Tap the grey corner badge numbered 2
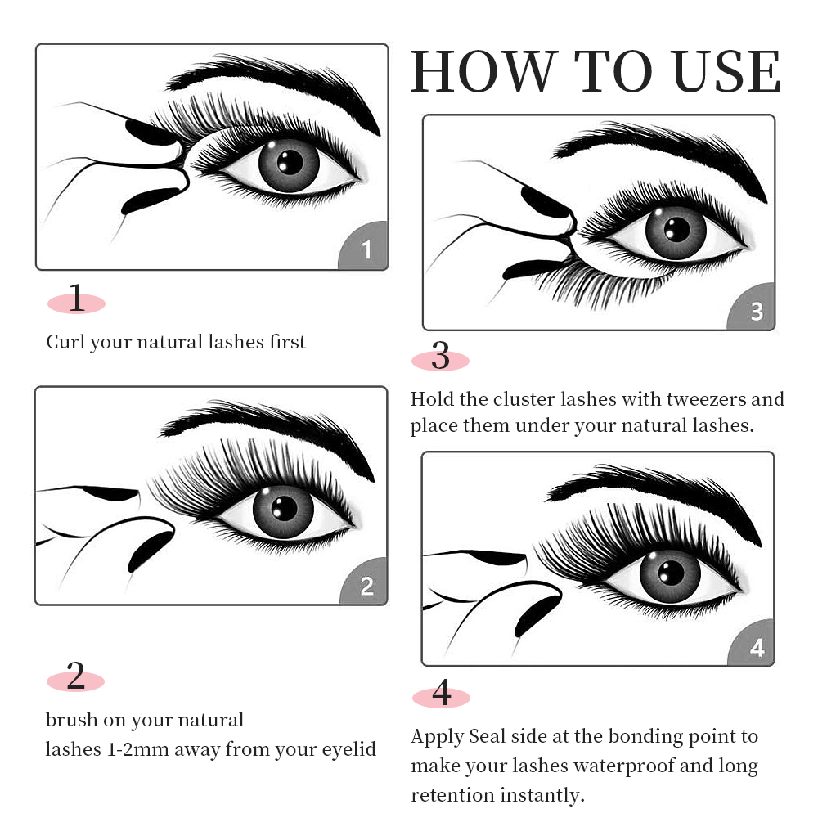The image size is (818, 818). click(366, 586)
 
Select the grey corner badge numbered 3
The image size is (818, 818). click(755, 311)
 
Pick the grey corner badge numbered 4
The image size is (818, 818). click(756, 648)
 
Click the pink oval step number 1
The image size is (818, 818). click(76, 302)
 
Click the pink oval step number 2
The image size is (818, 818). click(76, 678)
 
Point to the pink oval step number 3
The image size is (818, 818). click(440, 358)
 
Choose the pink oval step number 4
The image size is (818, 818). click(441, 696)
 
